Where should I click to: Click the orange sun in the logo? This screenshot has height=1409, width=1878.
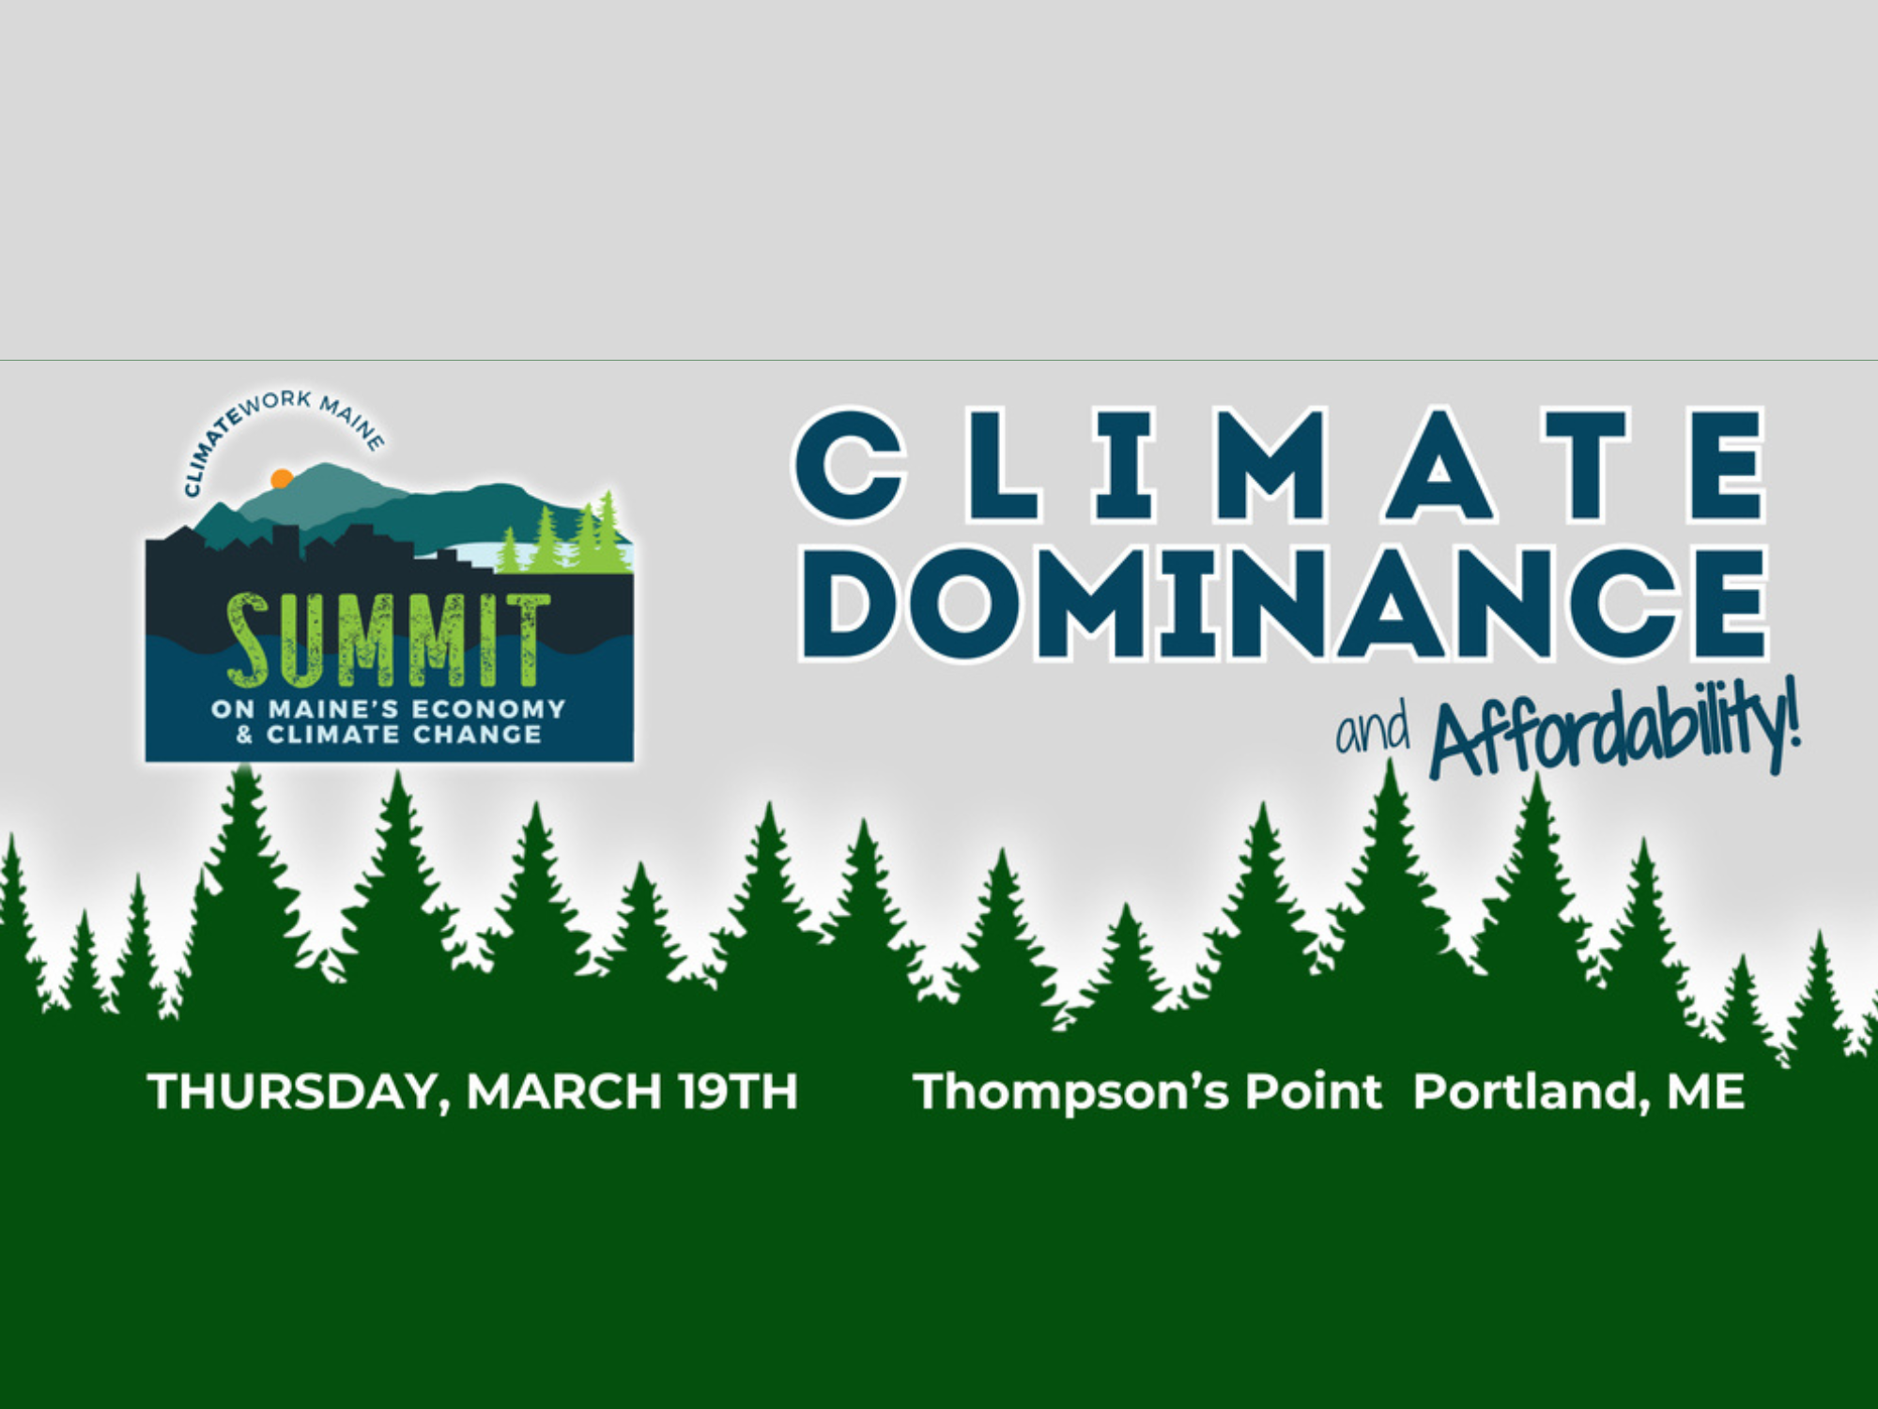click(281, 479)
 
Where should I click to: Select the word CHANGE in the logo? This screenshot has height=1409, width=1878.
click(477, 735)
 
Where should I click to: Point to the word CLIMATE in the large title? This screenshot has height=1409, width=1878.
click(1279, 465)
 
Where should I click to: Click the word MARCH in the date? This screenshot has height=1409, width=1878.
click(563, 1092)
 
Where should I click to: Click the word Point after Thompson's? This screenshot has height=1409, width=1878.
click(1314, 1092)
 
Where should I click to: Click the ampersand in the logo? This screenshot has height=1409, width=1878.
click(244, 735)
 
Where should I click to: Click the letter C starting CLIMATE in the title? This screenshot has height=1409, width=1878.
click(849, 465)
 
